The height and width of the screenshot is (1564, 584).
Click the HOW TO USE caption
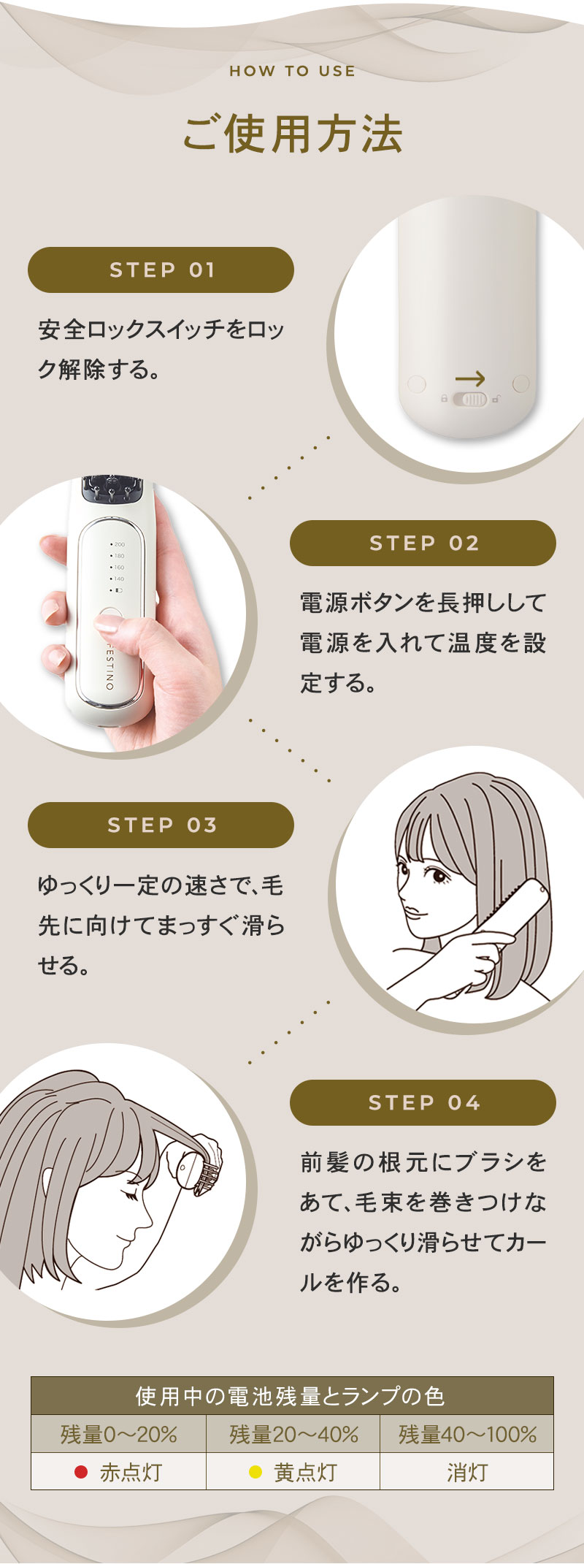tap(292, 71)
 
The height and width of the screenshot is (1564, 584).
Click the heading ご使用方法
tap(292, 134)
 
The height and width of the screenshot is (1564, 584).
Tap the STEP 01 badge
tap(161, 270)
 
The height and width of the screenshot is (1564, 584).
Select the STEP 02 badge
tap(423, 543)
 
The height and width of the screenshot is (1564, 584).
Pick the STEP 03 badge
tap(161, 825)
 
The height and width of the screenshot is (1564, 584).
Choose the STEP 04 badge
tap(423, 1102)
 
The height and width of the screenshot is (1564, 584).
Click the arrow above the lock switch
tap(469, 378)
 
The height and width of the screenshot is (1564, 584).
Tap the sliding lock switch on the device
tap(470, 400)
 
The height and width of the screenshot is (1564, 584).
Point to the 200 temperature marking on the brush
tap(118, 544)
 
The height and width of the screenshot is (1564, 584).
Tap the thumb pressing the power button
tap(109, 621)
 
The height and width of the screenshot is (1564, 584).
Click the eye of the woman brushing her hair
tap(438, 874)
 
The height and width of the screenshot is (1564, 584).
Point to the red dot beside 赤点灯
tap(81, 1472)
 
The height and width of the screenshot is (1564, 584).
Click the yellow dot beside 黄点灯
tap(255, 1472)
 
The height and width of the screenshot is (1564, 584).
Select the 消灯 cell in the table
tap(466, 1472)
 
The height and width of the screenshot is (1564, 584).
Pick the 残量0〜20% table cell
tap(118, 1435)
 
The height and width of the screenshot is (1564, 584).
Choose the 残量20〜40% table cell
tap(293, 1435)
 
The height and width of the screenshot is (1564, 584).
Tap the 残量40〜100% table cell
tap(466, 1435)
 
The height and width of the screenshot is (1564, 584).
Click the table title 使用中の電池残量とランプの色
tap(292, 1396)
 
